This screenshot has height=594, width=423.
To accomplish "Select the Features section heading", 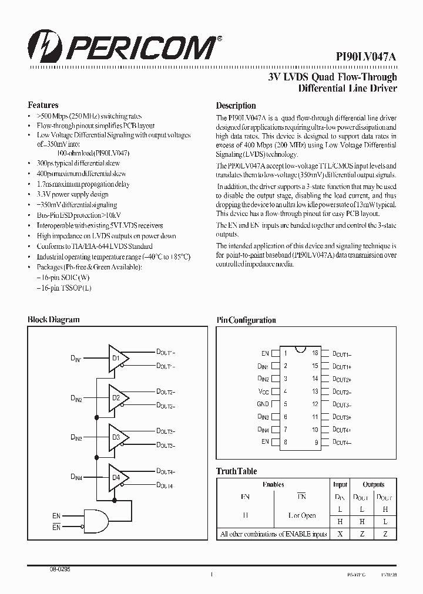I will pyautogui.click(x=43, y=105).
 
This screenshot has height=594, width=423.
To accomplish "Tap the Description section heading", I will pyautogui.click(x=236, y=106).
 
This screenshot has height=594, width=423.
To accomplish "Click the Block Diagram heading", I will pyautogui.click(x=53, y=319).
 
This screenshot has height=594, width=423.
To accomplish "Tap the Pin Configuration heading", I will pyautogui.click(x=246, y=320).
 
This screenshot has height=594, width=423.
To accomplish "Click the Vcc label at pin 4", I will pyautogui.click(x=263, y=392).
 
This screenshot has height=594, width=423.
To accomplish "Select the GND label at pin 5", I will pyautogui.click(x=263, y=404).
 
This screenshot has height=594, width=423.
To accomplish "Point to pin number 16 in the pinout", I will pyautogui.click(x=315, y=353).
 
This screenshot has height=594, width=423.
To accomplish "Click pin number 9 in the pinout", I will pyautogui.click(x=316, y=442).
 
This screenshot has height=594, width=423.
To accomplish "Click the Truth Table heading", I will pyautogui.click(x=236, y=471).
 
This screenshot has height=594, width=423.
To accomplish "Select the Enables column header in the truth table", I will pyautogui.click(x=273, y=484).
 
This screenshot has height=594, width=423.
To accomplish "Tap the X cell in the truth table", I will pyautogui.click(x=340, y=534).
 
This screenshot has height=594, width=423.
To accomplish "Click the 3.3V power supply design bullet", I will pyautogui.click(x=72, y=194).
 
